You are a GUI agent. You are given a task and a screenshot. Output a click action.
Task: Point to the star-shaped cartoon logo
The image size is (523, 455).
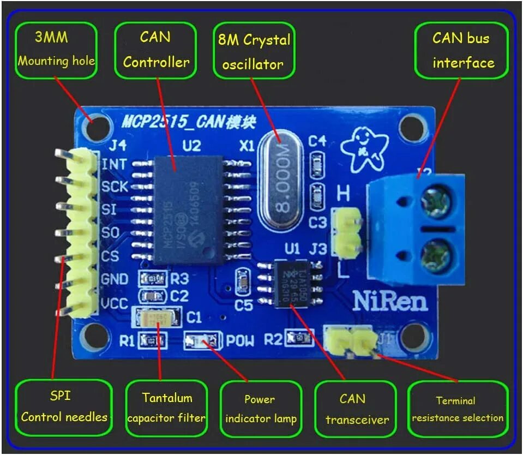coord(364,149)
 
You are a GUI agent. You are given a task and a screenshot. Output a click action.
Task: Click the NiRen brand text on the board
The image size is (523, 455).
coord(389,300)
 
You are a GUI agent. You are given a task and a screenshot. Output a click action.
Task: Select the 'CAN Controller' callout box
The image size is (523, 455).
coord(156,50)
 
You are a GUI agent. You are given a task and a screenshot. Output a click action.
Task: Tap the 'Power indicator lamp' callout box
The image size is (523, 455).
coord(261,409)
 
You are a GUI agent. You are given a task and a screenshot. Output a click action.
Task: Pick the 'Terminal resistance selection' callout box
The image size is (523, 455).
coord(457,409)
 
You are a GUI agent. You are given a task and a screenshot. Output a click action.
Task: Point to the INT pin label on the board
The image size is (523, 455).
coord(115,164)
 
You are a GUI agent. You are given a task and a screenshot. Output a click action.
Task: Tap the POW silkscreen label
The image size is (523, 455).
coord(240,341)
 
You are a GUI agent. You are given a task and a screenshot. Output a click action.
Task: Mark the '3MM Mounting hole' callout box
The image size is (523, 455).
coord(56,50)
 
